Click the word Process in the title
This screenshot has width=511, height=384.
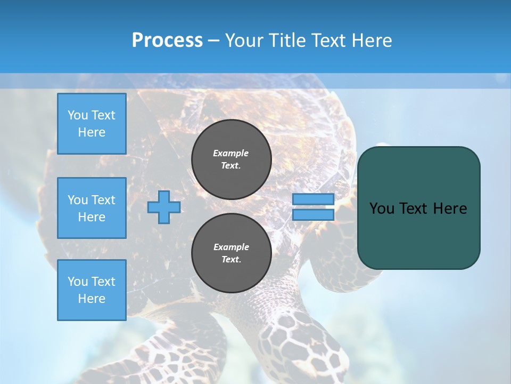click(167, 41)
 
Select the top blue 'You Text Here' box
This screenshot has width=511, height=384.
click(92, 124)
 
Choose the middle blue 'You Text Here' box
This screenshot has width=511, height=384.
click(92, 208)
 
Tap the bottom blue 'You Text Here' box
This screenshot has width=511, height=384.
click(92, 290)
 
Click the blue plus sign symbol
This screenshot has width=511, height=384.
click(164, 207)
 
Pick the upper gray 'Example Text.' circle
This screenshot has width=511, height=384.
click(232, 159)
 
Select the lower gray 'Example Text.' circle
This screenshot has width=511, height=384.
click(232, 253)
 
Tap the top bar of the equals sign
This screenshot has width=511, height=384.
click(314, 199)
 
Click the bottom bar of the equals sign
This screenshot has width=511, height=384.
click(314, 215)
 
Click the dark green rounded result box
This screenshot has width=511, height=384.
click(419, 235)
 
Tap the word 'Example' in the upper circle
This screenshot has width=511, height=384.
click(231, 153)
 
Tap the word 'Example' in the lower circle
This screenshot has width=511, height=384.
click(231, 247)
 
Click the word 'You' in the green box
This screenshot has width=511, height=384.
click(382, 209)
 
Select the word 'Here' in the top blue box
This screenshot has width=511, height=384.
click(92, 132)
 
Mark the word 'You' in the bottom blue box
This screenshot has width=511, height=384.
click(77, 282)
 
